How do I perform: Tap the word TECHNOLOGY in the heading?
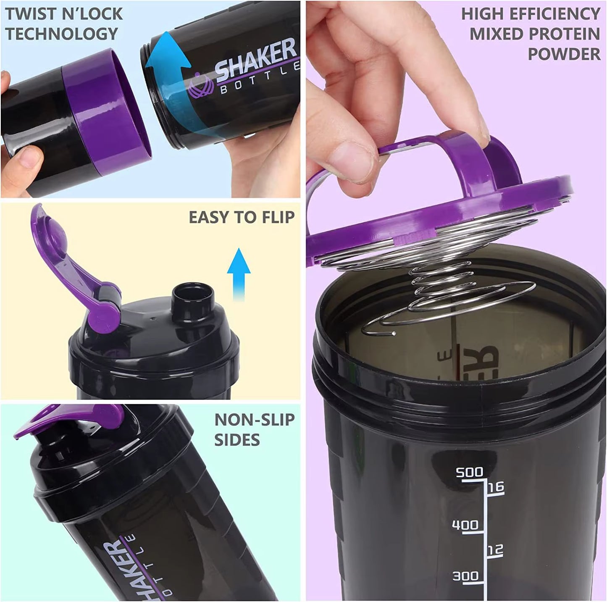61,34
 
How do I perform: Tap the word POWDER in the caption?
564,54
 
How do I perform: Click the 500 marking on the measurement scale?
469,473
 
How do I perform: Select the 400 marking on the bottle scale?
465,525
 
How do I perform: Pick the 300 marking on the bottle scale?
465,576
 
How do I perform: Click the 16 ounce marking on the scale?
495,488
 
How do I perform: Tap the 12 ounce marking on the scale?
495,549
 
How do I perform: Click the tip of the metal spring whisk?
393,334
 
